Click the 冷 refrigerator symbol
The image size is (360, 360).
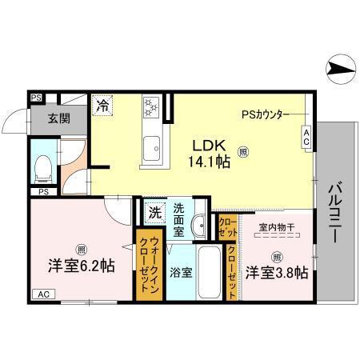click(x=103, y=103)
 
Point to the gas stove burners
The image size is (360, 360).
click(x=152, y=106)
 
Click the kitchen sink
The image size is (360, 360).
click(x=152, y=149)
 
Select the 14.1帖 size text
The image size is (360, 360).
click(x=209, y=161)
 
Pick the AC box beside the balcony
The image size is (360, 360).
click(x=306, y=137)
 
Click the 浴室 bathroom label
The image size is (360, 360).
click(x=181, y=272)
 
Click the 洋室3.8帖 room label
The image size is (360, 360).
click(x=276, y=272)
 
